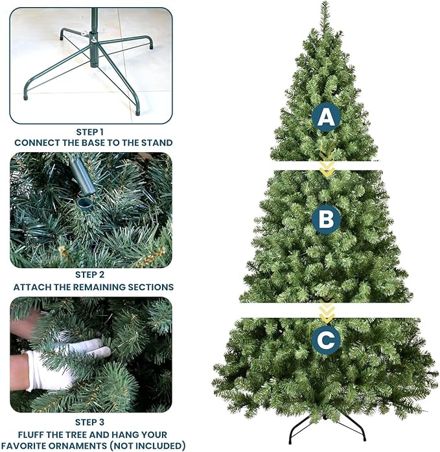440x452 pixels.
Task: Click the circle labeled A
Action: click(x=326, y=118)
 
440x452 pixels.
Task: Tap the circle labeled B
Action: click(x=326, y=220)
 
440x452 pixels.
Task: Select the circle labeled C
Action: click(x=326, y=339)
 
